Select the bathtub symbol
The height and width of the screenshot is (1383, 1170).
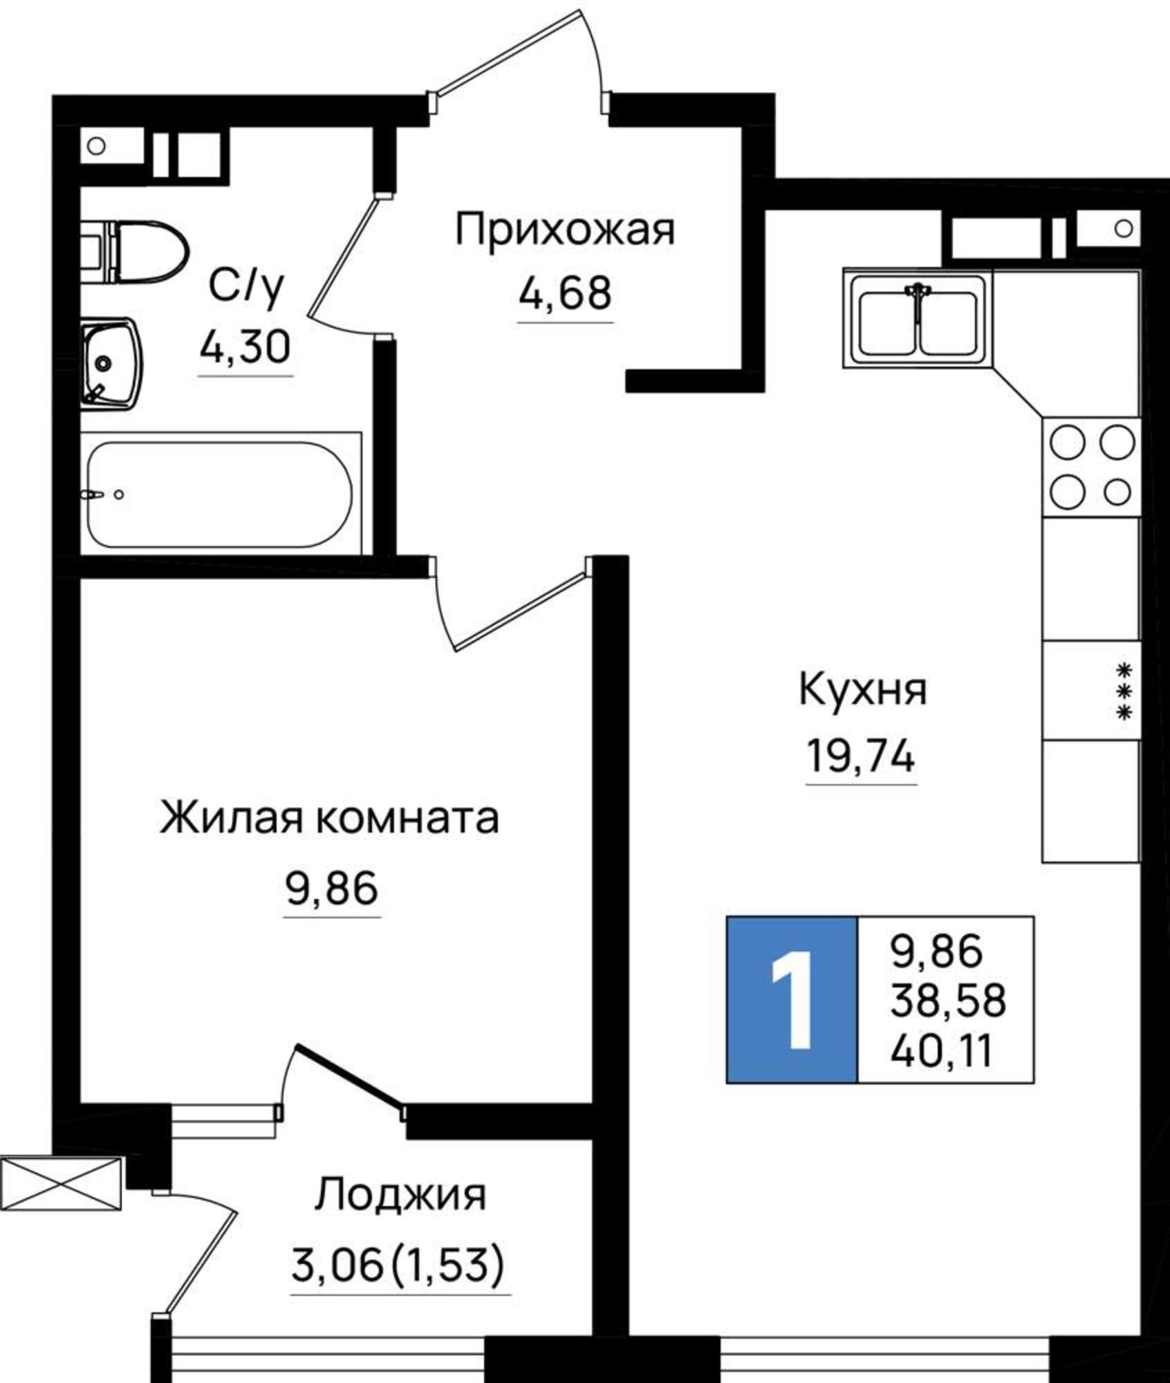coord(220,494)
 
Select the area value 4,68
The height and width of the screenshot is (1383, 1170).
coord(565,294)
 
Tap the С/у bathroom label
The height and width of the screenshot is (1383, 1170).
coord(246,287)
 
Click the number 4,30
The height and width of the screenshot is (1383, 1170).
coord(245,347)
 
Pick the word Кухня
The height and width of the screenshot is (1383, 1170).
coord(862,690)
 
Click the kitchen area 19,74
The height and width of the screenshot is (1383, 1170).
coord(861,755)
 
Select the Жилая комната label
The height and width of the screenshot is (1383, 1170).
coord(329,819)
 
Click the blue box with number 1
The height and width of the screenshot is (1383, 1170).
coord(792,999)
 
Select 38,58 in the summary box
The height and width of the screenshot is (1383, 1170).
coord(947,1001)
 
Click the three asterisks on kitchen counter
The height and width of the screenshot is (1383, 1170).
coord(1125,691)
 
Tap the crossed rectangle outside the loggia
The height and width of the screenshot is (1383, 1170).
coord(61,1184)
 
